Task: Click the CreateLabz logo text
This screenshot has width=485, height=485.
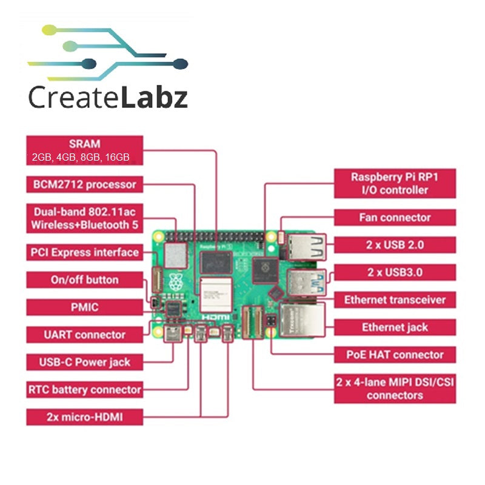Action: (x=108, y=97)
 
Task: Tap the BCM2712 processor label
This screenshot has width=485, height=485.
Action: (x=85, y=184)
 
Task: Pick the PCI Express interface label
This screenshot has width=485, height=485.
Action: (x=85, y=252)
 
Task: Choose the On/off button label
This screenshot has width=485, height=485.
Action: (x=85, y=280)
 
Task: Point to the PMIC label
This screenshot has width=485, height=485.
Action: (x=85, y=307)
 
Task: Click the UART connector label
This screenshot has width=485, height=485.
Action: (x=85, y=335)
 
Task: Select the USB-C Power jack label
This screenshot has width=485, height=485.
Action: (x=85, y=363)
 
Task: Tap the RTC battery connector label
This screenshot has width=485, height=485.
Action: (x=85, y=390)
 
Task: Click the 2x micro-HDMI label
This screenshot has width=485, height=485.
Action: (x=85, y=417)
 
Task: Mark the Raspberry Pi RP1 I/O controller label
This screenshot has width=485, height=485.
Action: (x=395, y=184)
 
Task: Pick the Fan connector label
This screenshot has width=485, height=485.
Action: (x=395, y=218)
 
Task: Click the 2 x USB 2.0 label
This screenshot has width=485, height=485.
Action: (x=395, y=245)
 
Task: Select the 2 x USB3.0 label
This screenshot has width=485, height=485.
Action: (x=395, y=272)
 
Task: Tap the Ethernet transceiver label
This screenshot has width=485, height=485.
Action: (x=395, y=299)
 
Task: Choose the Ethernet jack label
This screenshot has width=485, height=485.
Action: (x=395, y=327)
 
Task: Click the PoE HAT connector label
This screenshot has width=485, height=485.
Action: (x=395, y=355)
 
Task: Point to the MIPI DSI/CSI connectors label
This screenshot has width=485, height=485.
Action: (x=395, y=389)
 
